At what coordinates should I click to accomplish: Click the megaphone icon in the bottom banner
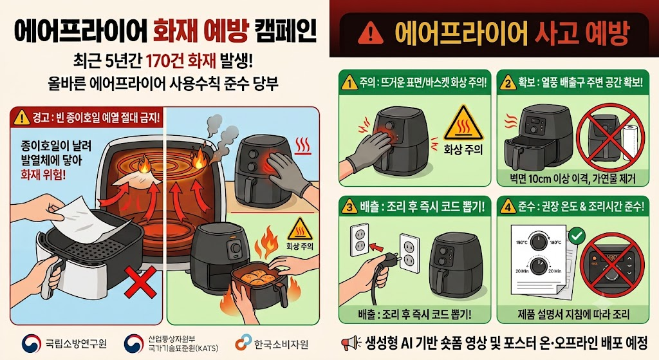point(351,343)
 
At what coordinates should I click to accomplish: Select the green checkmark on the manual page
point(577,236)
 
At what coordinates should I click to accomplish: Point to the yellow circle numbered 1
point(349,83)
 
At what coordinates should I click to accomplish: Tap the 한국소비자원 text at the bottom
point(281,344)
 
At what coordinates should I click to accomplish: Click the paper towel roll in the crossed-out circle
point(631,143)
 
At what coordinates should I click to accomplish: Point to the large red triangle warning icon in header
point(370,33)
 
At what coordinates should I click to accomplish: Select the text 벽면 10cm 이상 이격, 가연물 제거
point(573,179)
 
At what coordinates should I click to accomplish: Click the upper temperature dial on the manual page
point(537,242)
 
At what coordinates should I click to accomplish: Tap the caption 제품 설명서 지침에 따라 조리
point(573,314)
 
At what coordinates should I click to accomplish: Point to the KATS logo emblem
point(134,344)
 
